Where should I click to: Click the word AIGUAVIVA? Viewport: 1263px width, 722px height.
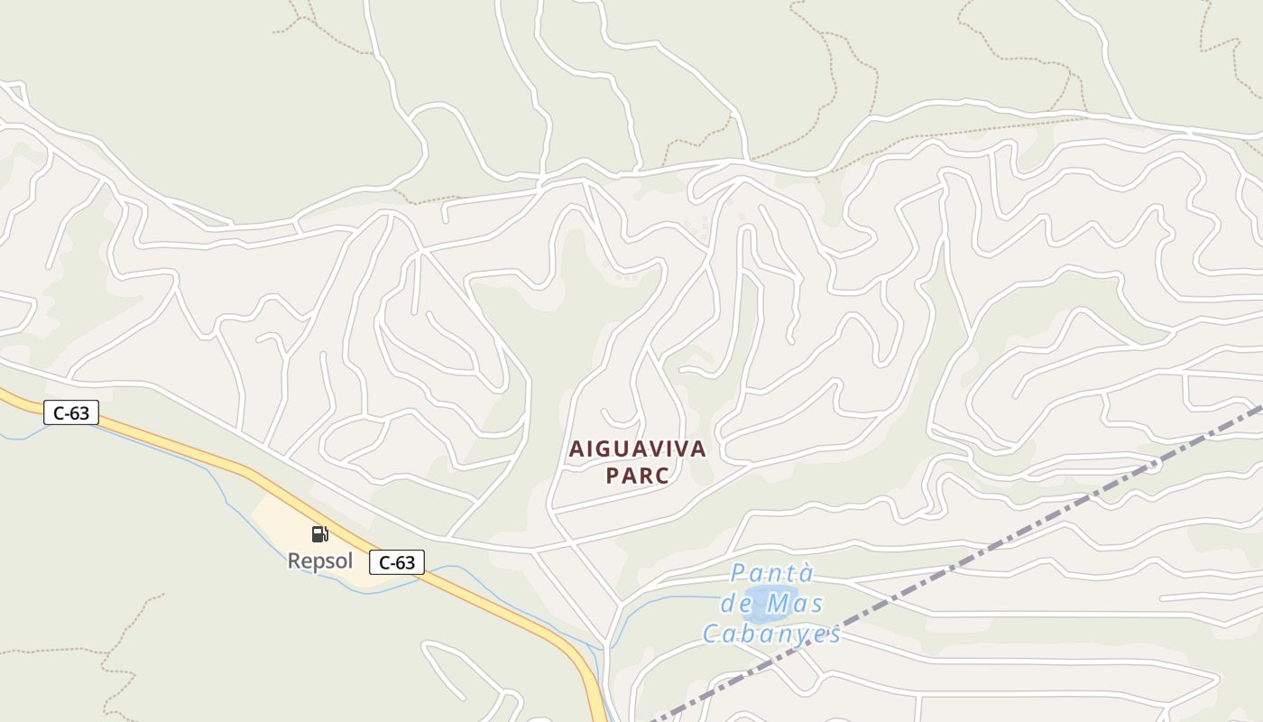[x=638, y=449]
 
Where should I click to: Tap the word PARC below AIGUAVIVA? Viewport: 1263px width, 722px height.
[x=638, y=476]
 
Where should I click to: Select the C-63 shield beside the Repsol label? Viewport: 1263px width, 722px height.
[x=397, y=562]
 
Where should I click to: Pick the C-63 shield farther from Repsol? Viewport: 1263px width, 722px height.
[x=71, y=413]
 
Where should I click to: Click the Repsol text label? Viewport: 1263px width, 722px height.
[x=320, y=560]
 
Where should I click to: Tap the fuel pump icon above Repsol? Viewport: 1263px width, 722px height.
[x=319, y=533]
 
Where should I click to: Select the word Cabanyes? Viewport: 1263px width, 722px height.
[x=772, y=634]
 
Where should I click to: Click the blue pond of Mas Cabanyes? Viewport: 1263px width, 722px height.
[x=767, y=603]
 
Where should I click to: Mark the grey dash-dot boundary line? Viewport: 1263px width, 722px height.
[x=992, y=541]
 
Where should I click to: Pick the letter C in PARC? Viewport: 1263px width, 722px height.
[x=663, y=476]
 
